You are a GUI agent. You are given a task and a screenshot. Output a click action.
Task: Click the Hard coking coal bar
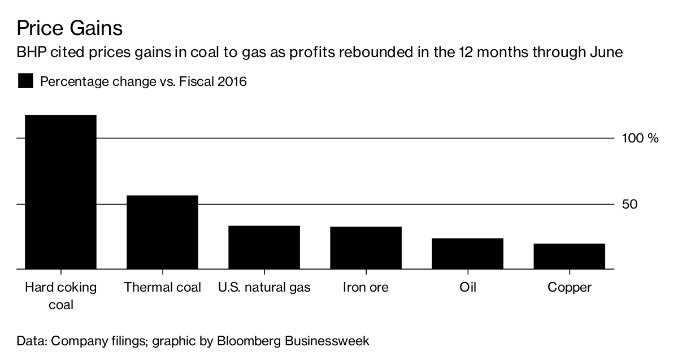pyautogui.click(x=60, y=192)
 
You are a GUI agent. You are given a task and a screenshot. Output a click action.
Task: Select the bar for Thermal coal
pyautogui.click(x=162, y=232)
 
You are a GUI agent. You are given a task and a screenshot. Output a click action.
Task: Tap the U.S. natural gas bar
pyautogui.click(x=264, y=248)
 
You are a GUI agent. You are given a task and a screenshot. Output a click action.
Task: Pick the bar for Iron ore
pyautogui.click(x=366, y=248)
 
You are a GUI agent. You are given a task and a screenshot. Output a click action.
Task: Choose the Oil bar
pyautogui.click(x=467, y=254)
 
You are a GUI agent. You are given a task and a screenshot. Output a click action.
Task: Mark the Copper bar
pyautogui.click(x=569, y=257)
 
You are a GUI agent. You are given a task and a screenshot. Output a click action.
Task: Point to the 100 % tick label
pyautogui.click(x=640, y=138)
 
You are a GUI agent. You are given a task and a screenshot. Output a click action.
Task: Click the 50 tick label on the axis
pyautogui.click(x=630, y=204)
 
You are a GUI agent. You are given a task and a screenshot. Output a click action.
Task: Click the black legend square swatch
pyautogui.click(x=25, y=81)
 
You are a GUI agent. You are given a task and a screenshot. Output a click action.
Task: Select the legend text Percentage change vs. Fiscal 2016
pyautogui.click(x=144, y=81)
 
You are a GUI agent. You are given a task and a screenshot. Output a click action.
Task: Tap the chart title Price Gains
pyautogui.click(x=69, y=28)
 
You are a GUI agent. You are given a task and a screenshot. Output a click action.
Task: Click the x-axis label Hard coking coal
pyautogui.click(x=60, y=296)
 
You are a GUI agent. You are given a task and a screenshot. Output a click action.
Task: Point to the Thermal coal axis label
pyautogui.click(x=162, y=287)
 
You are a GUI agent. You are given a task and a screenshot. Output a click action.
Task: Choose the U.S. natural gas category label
pyautogui.click(x=264, y=287)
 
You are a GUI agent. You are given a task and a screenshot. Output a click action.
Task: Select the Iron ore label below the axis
pyautogui.click(x=366, y=287)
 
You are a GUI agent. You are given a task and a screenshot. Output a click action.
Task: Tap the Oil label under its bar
pyautogui.click(x=467, y=287)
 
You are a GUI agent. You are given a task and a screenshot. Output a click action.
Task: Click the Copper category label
pyautogui.click(x=569, y=287)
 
